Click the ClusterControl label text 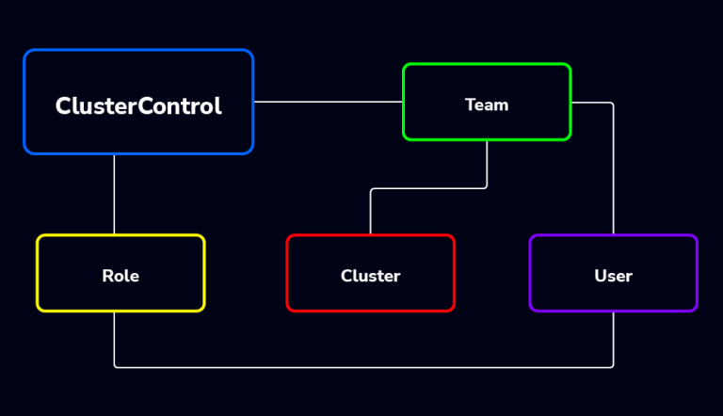(138, 106)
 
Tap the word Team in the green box (487, 104)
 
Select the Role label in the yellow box (120, 276)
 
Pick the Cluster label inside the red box (370, 276)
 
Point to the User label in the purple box (613, 276)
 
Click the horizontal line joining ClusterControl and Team (328, 102)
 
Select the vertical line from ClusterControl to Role (114, 194)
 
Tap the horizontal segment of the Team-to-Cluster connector (428, 188)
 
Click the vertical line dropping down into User (613, 169)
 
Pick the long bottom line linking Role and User (363, 367)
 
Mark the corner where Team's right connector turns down (612, 104)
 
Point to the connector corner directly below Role (115, 366)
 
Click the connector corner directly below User (613, 366)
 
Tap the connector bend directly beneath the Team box (486, 187)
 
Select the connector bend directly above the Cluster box (371, 189)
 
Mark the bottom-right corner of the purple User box (695, 309)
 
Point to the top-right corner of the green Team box (569, 66)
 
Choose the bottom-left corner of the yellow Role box (39, 309)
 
